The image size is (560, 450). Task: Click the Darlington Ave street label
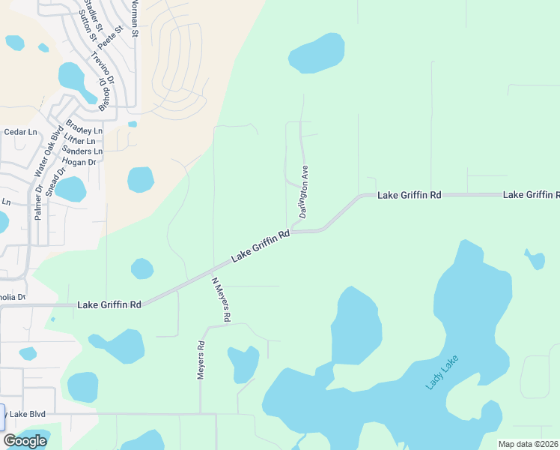305,191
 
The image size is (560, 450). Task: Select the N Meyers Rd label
221,300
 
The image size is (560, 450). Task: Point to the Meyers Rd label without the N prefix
201,361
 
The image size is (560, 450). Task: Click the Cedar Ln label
20,132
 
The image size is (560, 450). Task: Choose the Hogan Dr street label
80,162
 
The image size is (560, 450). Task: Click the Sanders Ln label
82,151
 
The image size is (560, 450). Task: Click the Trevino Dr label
102,67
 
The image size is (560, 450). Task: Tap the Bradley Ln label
78,128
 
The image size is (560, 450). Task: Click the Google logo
25,441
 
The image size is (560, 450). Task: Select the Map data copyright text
528,444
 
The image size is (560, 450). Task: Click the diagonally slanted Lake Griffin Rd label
261,246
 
